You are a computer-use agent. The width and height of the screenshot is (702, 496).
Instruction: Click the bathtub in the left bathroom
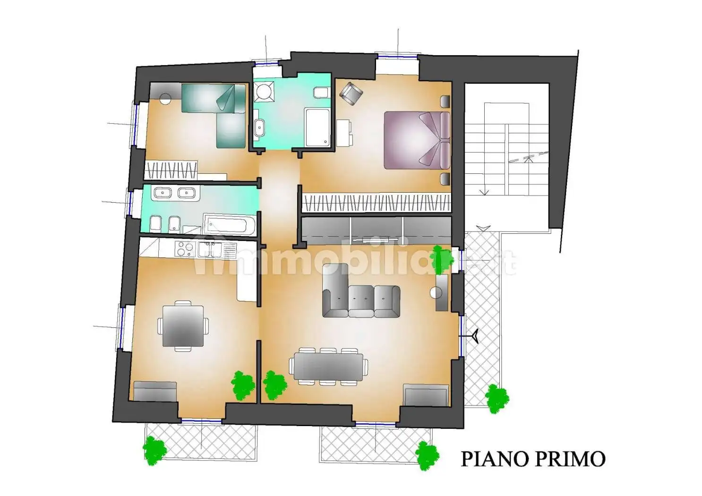tap(230, 224)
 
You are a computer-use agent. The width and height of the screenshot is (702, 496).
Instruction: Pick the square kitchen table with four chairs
tap(183, 326)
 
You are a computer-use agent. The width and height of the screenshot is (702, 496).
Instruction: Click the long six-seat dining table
tap(328, 366)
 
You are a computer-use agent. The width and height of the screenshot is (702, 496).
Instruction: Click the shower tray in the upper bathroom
tap(317, 128)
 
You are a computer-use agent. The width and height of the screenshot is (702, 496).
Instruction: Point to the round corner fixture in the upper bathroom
tap(264, 92)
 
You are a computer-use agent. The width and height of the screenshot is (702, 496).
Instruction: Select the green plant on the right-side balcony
tap(497, 398)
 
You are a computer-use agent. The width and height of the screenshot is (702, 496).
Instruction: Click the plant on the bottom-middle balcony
tap(427, 456)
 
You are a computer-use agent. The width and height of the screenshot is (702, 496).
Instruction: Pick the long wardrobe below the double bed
tap(376, 202)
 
